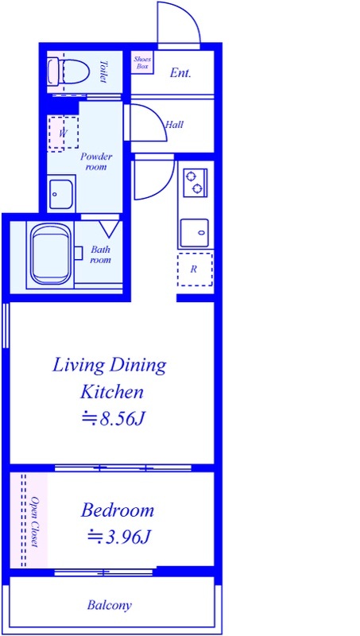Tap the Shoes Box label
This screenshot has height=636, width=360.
(x=142, y=63)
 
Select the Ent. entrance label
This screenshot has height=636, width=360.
(x=180, y=73)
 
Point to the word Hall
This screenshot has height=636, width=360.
(x=174, y=125)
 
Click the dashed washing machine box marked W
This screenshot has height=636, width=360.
(x=63, y=134)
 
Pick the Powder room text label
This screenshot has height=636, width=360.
(x=96, y=161)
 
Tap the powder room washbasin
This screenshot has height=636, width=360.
(x=61, y=194)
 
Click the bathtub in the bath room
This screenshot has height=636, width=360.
(x=51, y=254)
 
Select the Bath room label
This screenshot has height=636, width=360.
(x=100, y=254)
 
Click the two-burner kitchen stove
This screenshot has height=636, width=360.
(x=195, y=183)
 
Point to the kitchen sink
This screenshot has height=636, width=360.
(x=195, y=232)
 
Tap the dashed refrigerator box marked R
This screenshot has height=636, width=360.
(x=195, y=270)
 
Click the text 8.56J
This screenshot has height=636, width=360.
(x=121, y=420)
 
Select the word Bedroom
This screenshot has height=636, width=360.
(x=118, y=510)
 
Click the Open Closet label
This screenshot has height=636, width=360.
(x=35, y=522)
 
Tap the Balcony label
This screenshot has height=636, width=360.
(x=110, y=606)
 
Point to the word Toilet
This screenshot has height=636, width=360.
(x=103, y=72)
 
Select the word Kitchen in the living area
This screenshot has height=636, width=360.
(x=112, y=392)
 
